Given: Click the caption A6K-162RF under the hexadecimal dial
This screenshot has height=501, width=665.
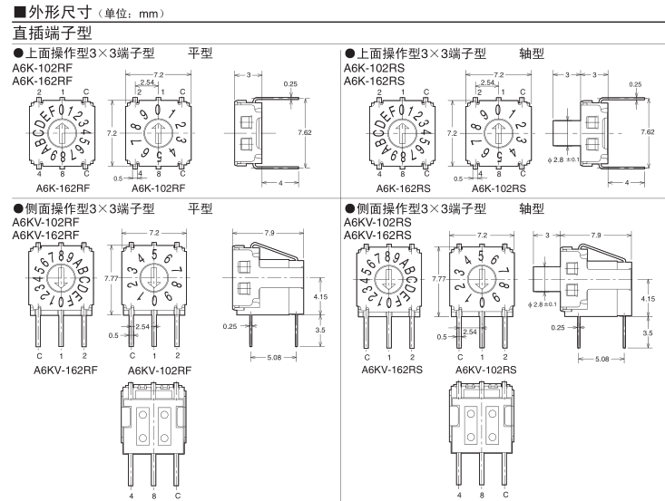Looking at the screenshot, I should (61, 188).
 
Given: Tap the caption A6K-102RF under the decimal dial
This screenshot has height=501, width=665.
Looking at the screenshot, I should (159, 188).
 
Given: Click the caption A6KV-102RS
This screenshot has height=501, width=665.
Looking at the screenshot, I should (485, 370).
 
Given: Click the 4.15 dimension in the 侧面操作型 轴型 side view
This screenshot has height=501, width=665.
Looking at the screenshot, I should (647, 298).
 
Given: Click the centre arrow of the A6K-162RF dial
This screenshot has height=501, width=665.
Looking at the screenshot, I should (61, 133).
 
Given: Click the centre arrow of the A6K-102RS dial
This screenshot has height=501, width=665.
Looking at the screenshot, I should (492, 133).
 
